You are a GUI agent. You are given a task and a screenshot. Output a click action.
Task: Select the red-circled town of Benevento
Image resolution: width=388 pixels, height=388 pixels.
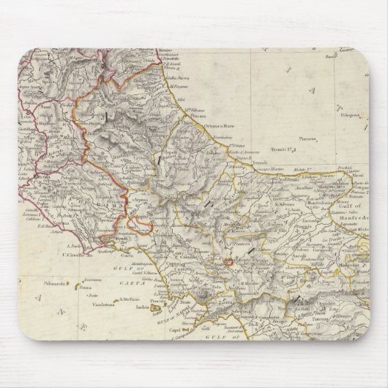(x=228, y=260)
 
